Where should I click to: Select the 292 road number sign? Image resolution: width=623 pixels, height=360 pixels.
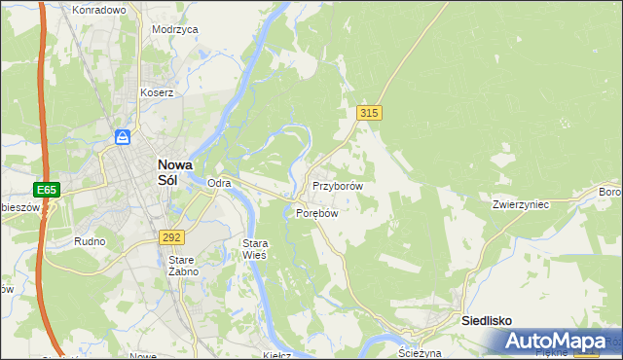click(172, 236)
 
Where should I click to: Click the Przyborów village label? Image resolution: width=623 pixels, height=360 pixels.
click(338, 186)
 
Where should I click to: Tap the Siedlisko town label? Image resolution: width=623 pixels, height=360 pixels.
click(487, 320)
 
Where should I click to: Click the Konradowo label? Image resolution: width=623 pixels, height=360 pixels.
click(99, 10)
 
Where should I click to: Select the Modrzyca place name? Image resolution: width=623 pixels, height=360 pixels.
click(175, 29)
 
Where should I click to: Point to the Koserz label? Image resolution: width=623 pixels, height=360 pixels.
click(156, 93)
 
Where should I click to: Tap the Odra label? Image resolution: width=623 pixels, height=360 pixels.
click(219, 183)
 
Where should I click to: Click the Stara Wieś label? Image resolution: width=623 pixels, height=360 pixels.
click(254, 248)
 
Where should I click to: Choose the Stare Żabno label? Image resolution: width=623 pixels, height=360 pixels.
click(183, 266)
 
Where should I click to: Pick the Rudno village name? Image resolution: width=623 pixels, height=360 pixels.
click(90, 240)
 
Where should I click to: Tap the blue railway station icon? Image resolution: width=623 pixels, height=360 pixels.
click(123, 135)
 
